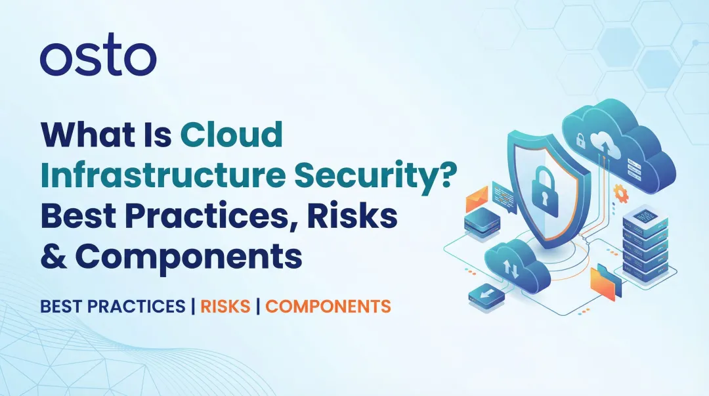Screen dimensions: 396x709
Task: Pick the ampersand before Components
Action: coord(53,257)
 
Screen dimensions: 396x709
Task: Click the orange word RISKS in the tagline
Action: coord(225,306)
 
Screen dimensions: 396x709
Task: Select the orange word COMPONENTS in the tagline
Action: coord(328,306)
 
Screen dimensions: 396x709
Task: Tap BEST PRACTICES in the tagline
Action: coord(112,306)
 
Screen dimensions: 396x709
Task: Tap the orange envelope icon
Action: coord(477,195)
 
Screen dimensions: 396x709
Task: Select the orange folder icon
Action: coord(605,282)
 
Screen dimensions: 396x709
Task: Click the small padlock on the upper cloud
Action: coord(580,139)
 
